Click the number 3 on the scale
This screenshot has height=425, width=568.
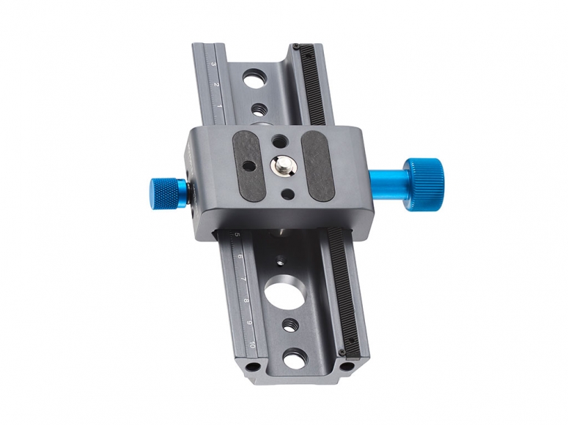[x=213, y=64]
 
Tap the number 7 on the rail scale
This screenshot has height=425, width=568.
[x=243, y=279]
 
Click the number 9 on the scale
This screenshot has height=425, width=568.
[x=249, y=323]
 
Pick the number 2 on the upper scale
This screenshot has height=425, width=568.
[x=216, y=85]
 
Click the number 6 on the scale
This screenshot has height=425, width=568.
[x=240, y=257]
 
